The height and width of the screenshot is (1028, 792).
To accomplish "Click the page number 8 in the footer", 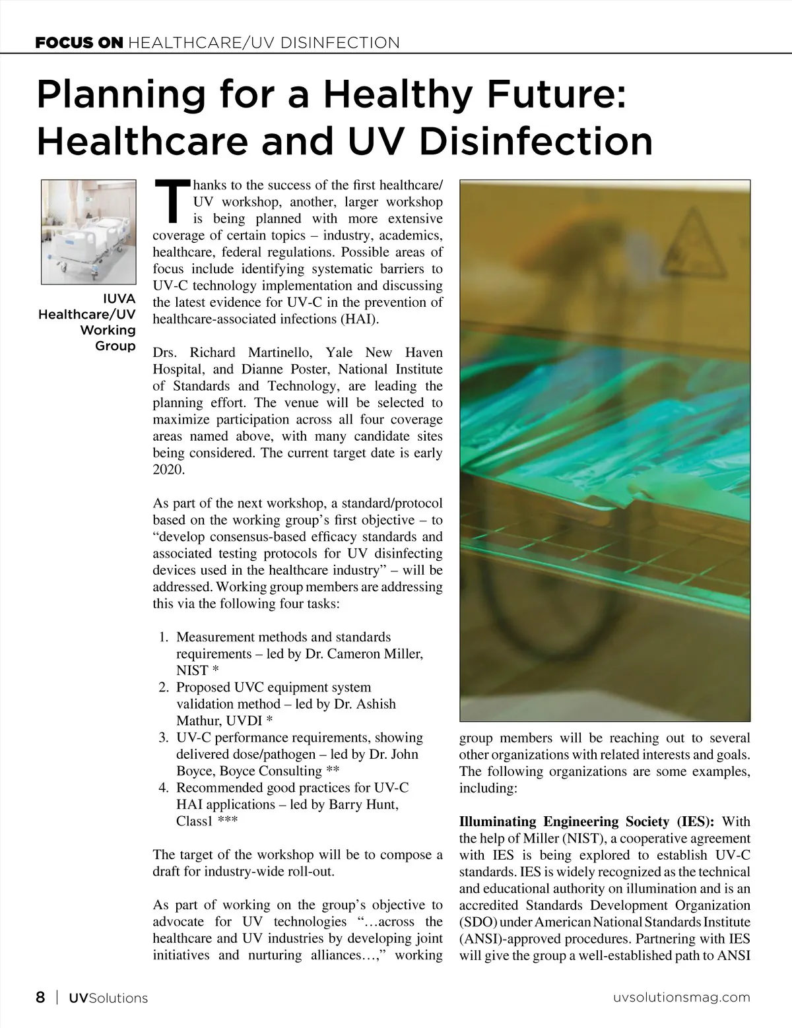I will click(41, 997).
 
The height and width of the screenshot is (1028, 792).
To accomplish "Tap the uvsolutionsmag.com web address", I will click(678, 998).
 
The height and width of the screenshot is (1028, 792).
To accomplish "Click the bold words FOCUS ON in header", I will click(79, 44).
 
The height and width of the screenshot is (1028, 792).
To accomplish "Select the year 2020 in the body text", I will click(169, 470).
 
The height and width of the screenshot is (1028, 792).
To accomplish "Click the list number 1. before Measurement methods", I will click(164, 637).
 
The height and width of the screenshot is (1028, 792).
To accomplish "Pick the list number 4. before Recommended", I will click(164, 788).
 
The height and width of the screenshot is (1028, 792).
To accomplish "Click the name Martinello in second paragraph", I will click(276, 352).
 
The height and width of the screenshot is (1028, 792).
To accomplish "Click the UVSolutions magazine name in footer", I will click(108, 998).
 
